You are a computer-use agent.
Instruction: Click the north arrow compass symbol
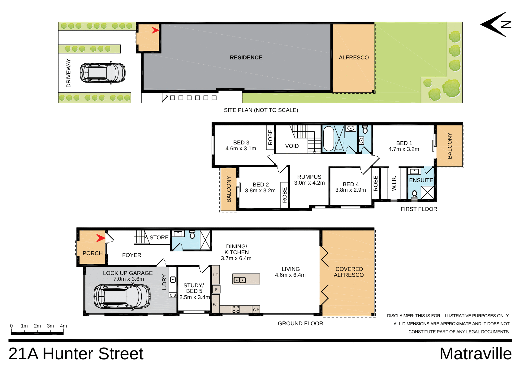point(496,24)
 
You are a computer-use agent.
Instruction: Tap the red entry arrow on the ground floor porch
point(101,238)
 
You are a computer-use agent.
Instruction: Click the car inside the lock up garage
point(122,296)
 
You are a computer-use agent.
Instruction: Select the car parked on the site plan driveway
point(103,73)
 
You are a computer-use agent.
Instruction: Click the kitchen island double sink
point(239,280)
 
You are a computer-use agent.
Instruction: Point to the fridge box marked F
point(216,289)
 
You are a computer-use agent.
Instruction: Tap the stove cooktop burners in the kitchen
point(236,309)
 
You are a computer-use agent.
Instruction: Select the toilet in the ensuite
point(415,195)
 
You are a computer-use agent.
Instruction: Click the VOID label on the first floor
point(292,146)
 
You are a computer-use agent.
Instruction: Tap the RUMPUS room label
point(309,177)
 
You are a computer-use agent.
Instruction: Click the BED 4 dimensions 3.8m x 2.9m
point(351,190)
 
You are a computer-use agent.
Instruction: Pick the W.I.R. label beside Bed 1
point(394,184)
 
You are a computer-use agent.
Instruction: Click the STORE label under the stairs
point(159,237)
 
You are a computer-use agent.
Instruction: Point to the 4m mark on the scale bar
point(63,326)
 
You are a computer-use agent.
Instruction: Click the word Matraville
point(475,354)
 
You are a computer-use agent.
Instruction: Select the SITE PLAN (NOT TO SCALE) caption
point(261,110)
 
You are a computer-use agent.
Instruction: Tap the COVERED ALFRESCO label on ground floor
point(349,272)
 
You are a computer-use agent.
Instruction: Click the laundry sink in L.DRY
point(173,280)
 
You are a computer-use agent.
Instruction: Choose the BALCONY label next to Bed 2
point(229,189)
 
